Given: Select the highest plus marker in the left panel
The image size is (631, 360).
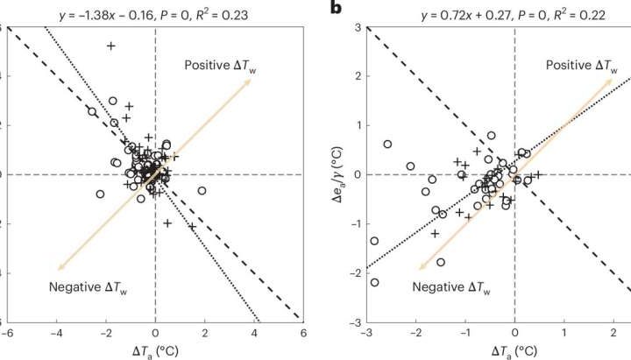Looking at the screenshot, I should click(x=110, y=46).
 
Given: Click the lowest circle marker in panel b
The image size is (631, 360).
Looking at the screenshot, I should click(x=375, y=282).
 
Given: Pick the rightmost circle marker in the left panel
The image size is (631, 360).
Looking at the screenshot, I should click(x=202, y=190).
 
